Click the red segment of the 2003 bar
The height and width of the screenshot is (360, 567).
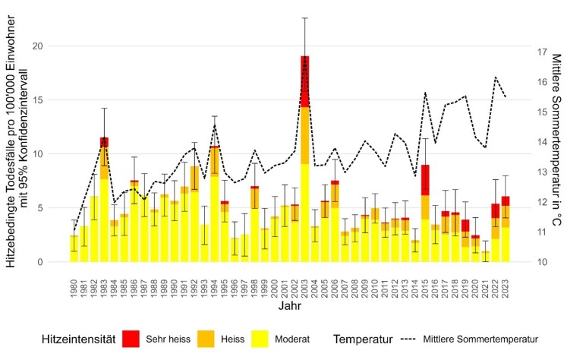pyautogui.click(x=304, y=81)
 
